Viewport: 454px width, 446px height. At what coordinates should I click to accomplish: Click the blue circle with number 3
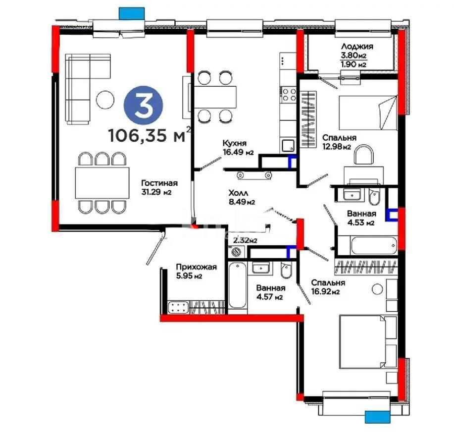(144, 108)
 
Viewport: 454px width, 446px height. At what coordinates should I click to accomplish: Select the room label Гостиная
(159, 182)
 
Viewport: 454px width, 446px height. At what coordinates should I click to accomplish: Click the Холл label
(238, 193)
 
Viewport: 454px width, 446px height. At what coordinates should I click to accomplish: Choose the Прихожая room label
(197, 268)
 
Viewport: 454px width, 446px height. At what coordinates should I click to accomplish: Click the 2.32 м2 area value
(245, 240)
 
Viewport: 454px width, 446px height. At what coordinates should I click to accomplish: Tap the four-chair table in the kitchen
(212, 96)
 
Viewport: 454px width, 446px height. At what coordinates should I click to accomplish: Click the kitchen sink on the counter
(287, 145)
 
